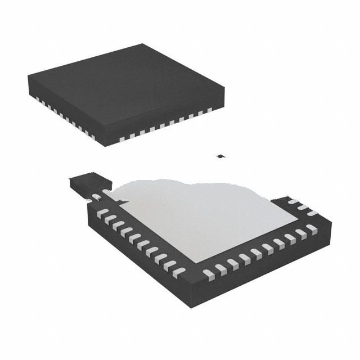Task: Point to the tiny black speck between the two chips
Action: click(222, 156)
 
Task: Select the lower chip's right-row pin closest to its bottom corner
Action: click(208, 274)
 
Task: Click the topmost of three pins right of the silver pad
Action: click(292, 201)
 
